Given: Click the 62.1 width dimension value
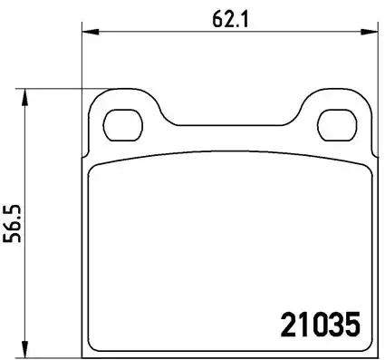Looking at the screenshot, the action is coord(230,20).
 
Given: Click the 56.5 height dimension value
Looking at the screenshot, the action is coord(12,223).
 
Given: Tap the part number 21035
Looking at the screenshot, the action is coord(321,325).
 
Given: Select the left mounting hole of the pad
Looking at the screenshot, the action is coord(122,125).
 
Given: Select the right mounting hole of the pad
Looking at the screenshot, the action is coord(337,125).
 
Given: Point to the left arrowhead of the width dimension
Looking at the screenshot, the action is coord(91,32).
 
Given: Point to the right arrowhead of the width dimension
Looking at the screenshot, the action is coord(370,32).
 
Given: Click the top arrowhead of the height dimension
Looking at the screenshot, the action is coord(25,97).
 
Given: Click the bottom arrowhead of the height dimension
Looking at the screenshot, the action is coord(25,349).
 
